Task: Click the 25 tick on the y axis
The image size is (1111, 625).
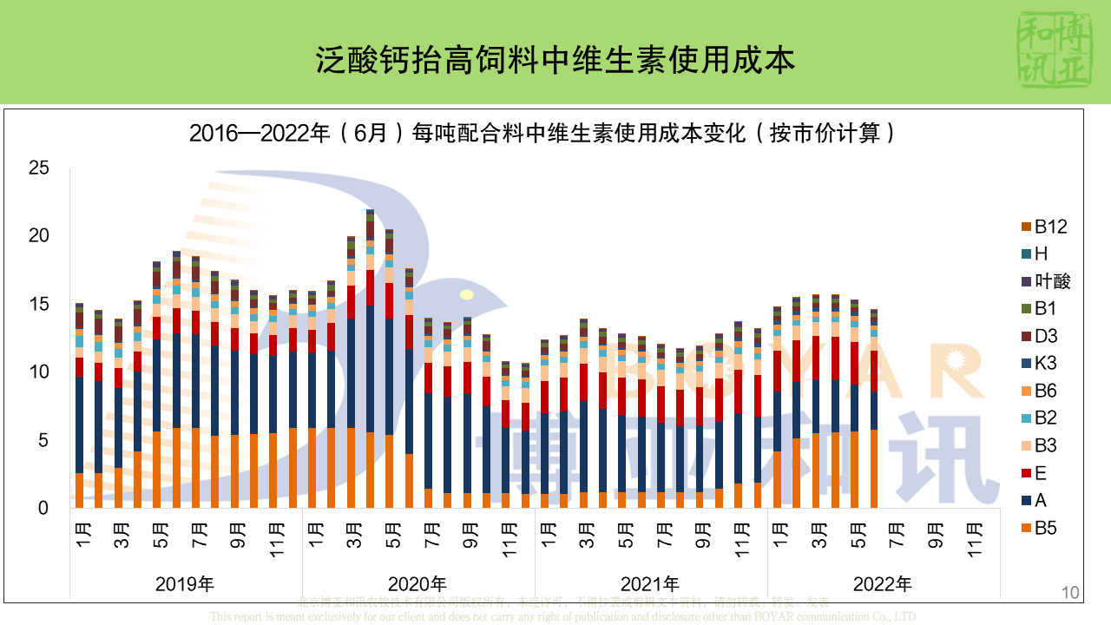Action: [38, 168]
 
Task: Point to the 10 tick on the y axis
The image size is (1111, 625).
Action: [38, 372]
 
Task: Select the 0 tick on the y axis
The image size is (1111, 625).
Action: [43, 509]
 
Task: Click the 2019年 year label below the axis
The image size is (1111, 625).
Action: [185, 583]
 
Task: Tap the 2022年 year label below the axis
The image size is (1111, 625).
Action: [883, 583]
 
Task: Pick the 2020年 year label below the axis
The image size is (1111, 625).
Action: [417, 583]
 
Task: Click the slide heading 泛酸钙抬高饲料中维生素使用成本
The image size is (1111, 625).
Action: [555, 60]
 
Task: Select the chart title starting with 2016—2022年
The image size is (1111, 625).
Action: [542, 133]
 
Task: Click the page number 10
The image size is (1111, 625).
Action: [1070, 593]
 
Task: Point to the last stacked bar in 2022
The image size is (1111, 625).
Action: [874, 408]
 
